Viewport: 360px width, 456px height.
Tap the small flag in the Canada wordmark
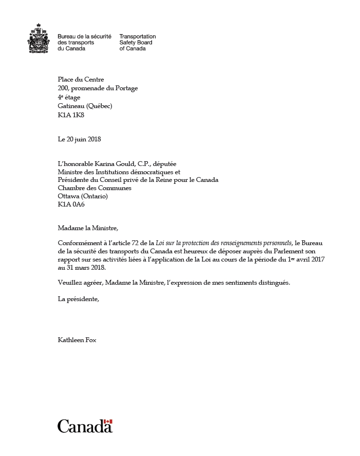click(108, 422)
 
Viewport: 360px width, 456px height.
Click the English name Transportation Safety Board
click(137, 42)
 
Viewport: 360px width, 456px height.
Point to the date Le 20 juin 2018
click(79, 139)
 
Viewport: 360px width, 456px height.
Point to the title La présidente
click(78, 299)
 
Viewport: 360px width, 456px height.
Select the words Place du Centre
click(81, 80)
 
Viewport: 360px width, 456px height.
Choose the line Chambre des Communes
click(94, 188)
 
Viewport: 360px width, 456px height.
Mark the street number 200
click(63, 88)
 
